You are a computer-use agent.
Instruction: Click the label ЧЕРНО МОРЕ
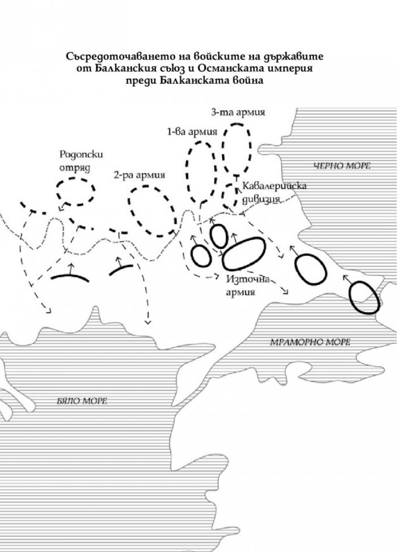(342, 165)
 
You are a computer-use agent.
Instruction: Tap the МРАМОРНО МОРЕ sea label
(310, 342)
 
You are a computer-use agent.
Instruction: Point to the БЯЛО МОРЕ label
(82, 401)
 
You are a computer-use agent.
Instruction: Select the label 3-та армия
(238, 112)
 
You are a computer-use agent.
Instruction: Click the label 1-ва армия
(192, 132)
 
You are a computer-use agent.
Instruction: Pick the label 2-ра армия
(140, 174)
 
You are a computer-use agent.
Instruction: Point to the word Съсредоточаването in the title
(112, 56)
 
